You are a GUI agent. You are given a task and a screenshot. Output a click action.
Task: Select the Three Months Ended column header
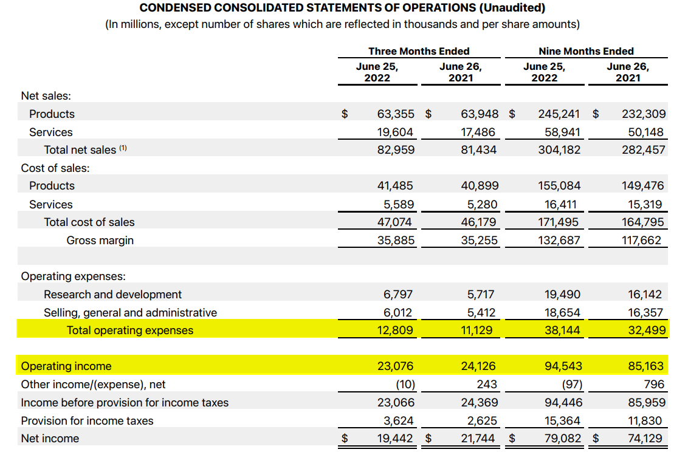tap(419, 51)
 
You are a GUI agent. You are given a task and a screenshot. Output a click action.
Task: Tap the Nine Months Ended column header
tap(586, 51)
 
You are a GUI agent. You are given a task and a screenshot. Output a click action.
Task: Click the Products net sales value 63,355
tap(396, 114)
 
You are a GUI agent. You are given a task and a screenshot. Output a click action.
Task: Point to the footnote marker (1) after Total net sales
tap(123, 148)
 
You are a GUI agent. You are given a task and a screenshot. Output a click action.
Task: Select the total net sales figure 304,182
tap(559, 149)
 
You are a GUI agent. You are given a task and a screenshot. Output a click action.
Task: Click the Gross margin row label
tap(100, 241)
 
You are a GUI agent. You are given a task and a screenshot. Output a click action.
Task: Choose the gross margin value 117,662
tap(641, 241)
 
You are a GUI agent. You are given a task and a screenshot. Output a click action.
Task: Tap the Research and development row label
tap(112, 295)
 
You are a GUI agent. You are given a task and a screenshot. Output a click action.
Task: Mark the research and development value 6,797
tap(398, 295)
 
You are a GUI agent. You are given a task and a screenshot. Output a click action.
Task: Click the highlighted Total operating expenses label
tap(130, 330)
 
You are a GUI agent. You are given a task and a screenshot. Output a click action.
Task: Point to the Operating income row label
tap(66, 366)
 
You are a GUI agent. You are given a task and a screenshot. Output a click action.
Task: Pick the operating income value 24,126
tap(478, 366)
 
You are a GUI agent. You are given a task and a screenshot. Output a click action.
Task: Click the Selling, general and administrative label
tap(130, 313)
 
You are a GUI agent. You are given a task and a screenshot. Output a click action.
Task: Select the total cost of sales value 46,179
tap(478, 222)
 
